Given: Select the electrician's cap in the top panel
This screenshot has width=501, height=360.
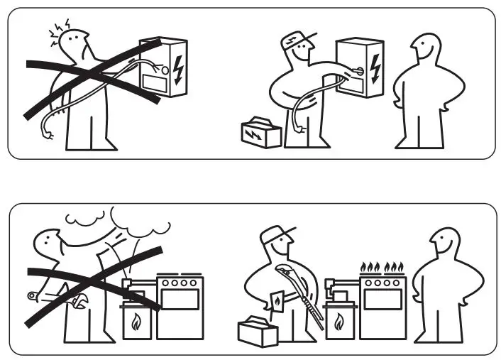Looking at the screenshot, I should coord(292,38).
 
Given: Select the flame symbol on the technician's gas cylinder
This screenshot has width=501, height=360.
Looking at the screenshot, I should coord(339,324).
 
